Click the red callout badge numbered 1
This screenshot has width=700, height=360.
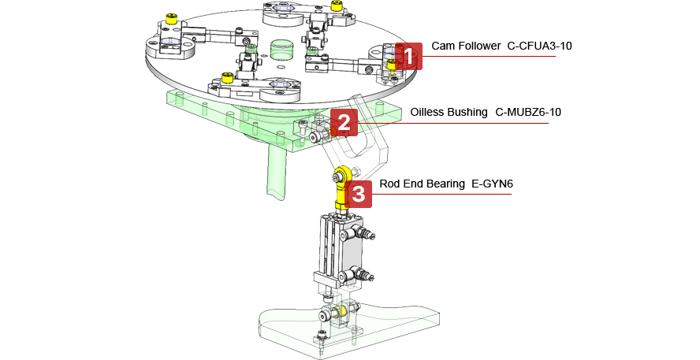[x=409, y=57]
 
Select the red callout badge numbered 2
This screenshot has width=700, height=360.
[x=344, y=122]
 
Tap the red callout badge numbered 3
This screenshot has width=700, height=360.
[x=358, y=194]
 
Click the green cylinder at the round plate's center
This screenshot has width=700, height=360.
[x=281, y=50]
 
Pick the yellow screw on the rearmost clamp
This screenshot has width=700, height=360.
[x=337, y=6]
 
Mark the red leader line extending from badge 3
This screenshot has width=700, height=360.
[x=441, y=193]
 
